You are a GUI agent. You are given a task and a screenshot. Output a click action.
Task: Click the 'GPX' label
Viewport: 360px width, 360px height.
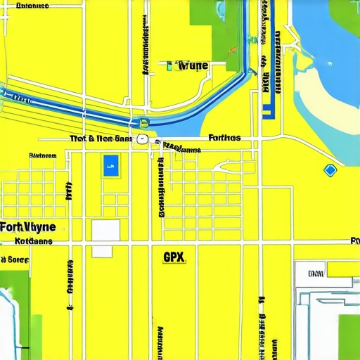pyautogui.click(x=173, y=257)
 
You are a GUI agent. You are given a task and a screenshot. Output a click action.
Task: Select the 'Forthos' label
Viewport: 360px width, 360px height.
pyautogui.click(x=225, y=138)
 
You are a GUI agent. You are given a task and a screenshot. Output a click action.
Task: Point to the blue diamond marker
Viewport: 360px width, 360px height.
pyautogui.click(x=330, y=169)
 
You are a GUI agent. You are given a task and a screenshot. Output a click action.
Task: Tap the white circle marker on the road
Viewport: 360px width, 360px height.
pyautogui.click(x=142, y=139)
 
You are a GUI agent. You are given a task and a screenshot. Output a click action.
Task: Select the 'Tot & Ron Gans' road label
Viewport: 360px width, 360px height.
pyautogui.click(x=101, y=139)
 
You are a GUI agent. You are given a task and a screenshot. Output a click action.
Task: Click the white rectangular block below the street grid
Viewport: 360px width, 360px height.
pyautogui.click(x=105, y=230)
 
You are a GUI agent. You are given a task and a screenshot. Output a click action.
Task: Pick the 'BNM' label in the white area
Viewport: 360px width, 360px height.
pyautogui.click(x=316, y=273)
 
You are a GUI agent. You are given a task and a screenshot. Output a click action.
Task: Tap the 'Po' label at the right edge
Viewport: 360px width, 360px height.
pyautogui.click(x=354, y=241)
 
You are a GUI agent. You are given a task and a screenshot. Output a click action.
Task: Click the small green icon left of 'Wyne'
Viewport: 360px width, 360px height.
pyautogui.click(x=169, y=66)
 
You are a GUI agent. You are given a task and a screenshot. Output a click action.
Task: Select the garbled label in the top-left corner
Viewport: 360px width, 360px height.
pyautogui.click(x=32, y=6)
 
